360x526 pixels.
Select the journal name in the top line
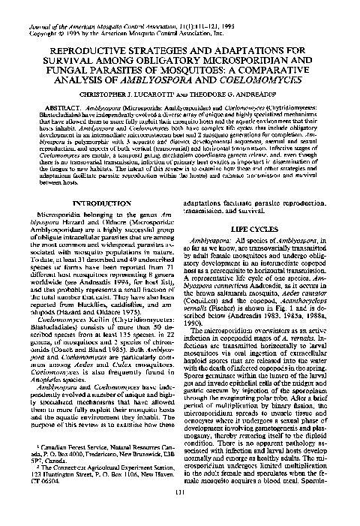coord(112,6)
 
